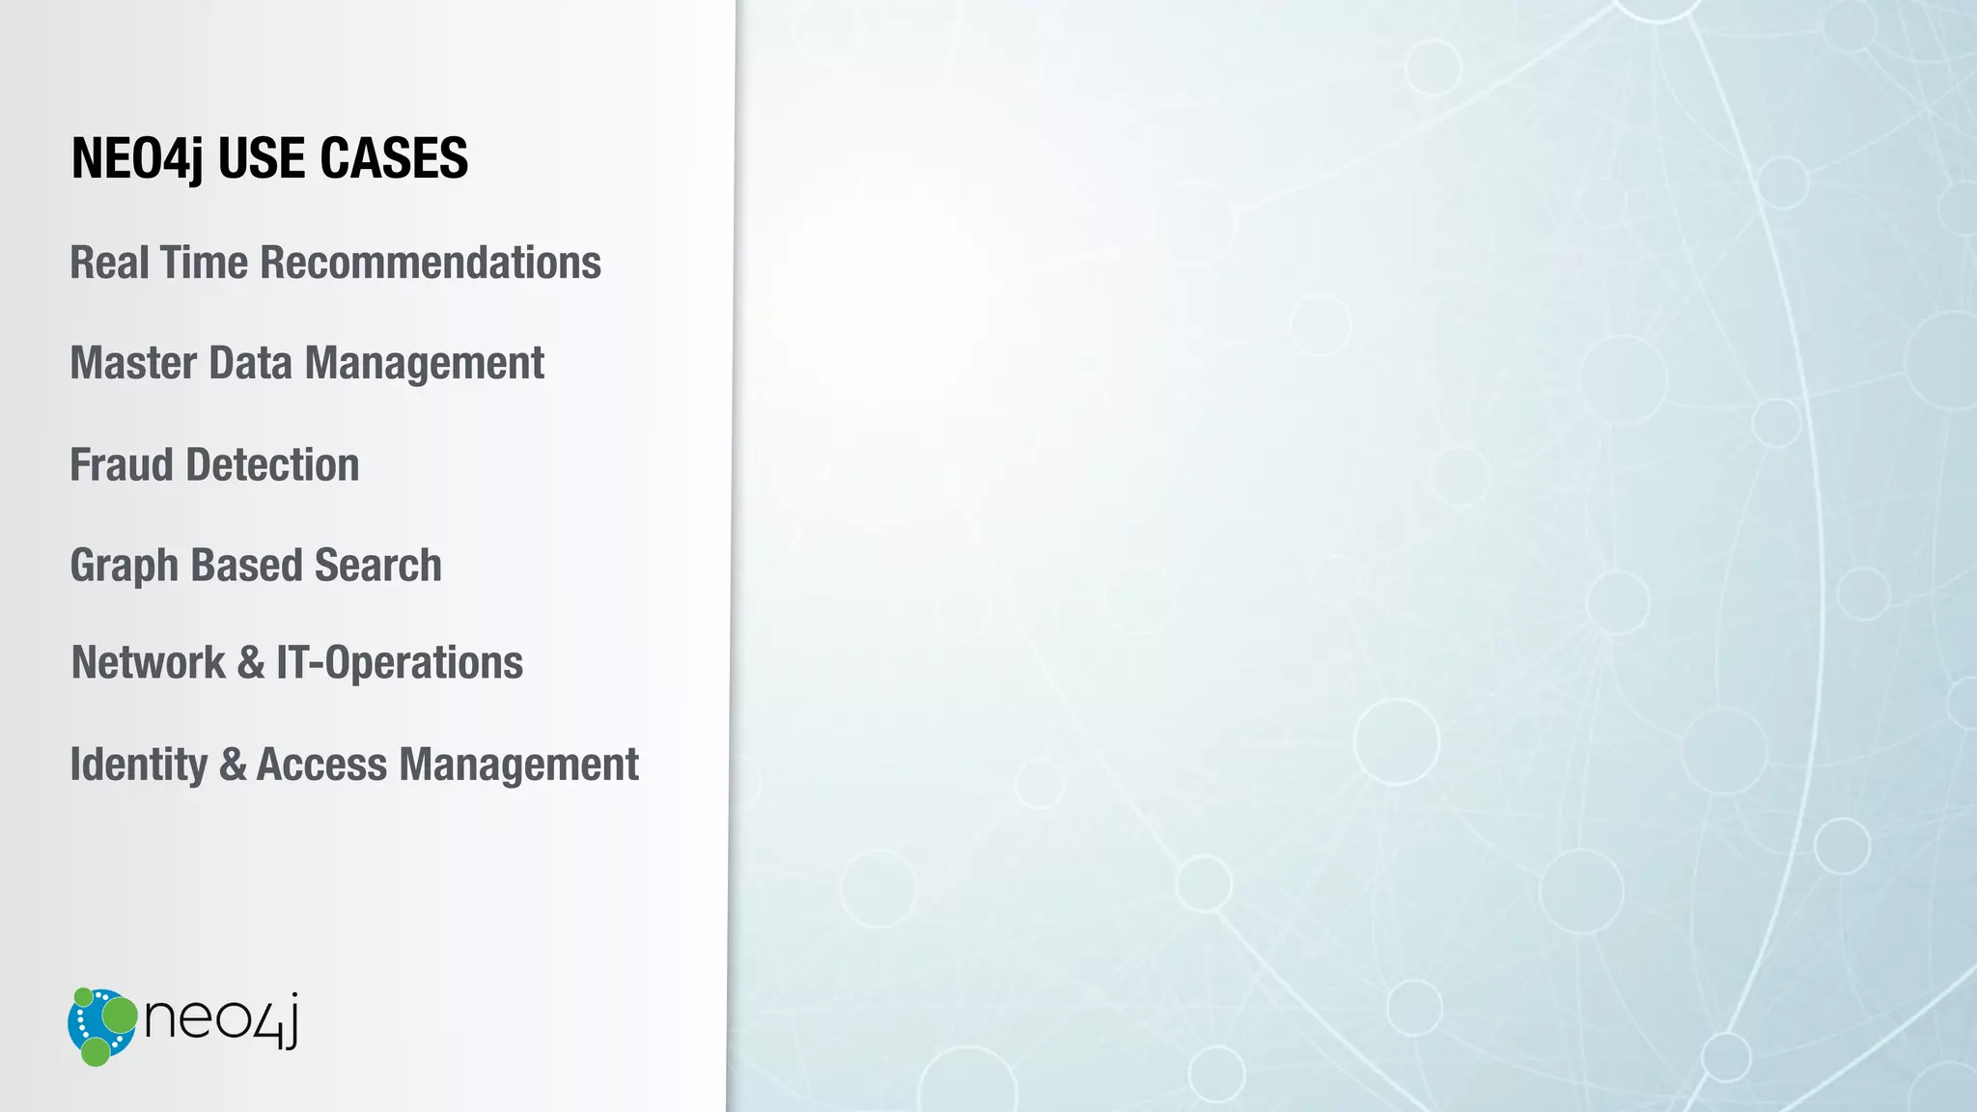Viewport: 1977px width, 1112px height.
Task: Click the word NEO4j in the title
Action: click(137, 159)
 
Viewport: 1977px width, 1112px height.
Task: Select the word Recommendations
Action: click(431, 263)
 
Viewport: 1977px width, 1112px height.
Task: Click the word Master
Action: click(133, 364)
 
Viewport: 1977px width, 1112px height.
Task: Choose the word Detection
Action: click(273, 465)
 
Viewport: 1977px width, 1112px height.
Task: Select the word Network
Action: click(148, 663)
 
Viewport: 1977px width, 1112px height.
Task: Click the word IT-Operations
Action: click(400, 664)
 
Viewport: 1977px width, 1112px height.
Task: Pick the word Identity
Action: click(139, 764)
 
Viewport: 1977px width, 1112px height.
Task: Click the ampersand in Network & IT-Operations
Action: click(250, 664)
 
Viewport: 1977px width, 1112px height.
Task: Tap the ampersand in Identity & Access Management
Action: click(233, 764)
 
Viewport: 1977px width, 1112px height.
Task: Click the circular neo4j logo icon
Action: click(102, 1026)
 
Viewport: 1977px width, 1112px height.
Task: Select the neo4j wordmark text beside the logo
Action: click(221, 1019)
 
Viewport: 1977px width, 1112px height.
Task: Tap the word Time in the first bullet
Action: click(204, 263)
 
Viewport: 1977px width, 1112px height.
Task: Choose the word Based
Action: click(246, 566)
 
